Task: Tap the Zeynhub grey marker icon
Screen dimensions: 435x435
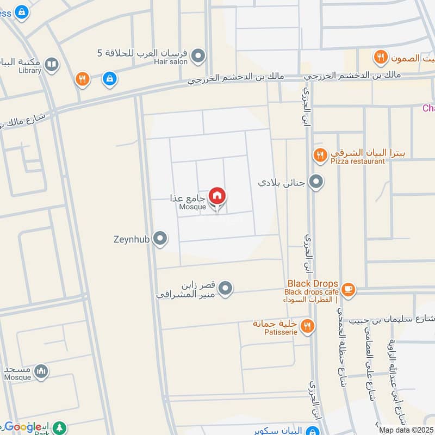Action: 160,238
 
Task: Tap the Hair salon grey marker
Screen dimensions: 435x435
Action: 198,55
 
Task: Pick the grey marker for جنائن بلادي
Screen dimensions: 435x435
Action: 315,182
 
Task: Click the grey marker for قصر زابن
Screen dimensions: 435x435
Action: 226,288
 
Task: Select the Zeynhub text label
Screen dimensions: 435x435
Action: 132,238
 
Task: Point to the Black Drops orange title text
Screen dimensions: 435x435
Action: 313,283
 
